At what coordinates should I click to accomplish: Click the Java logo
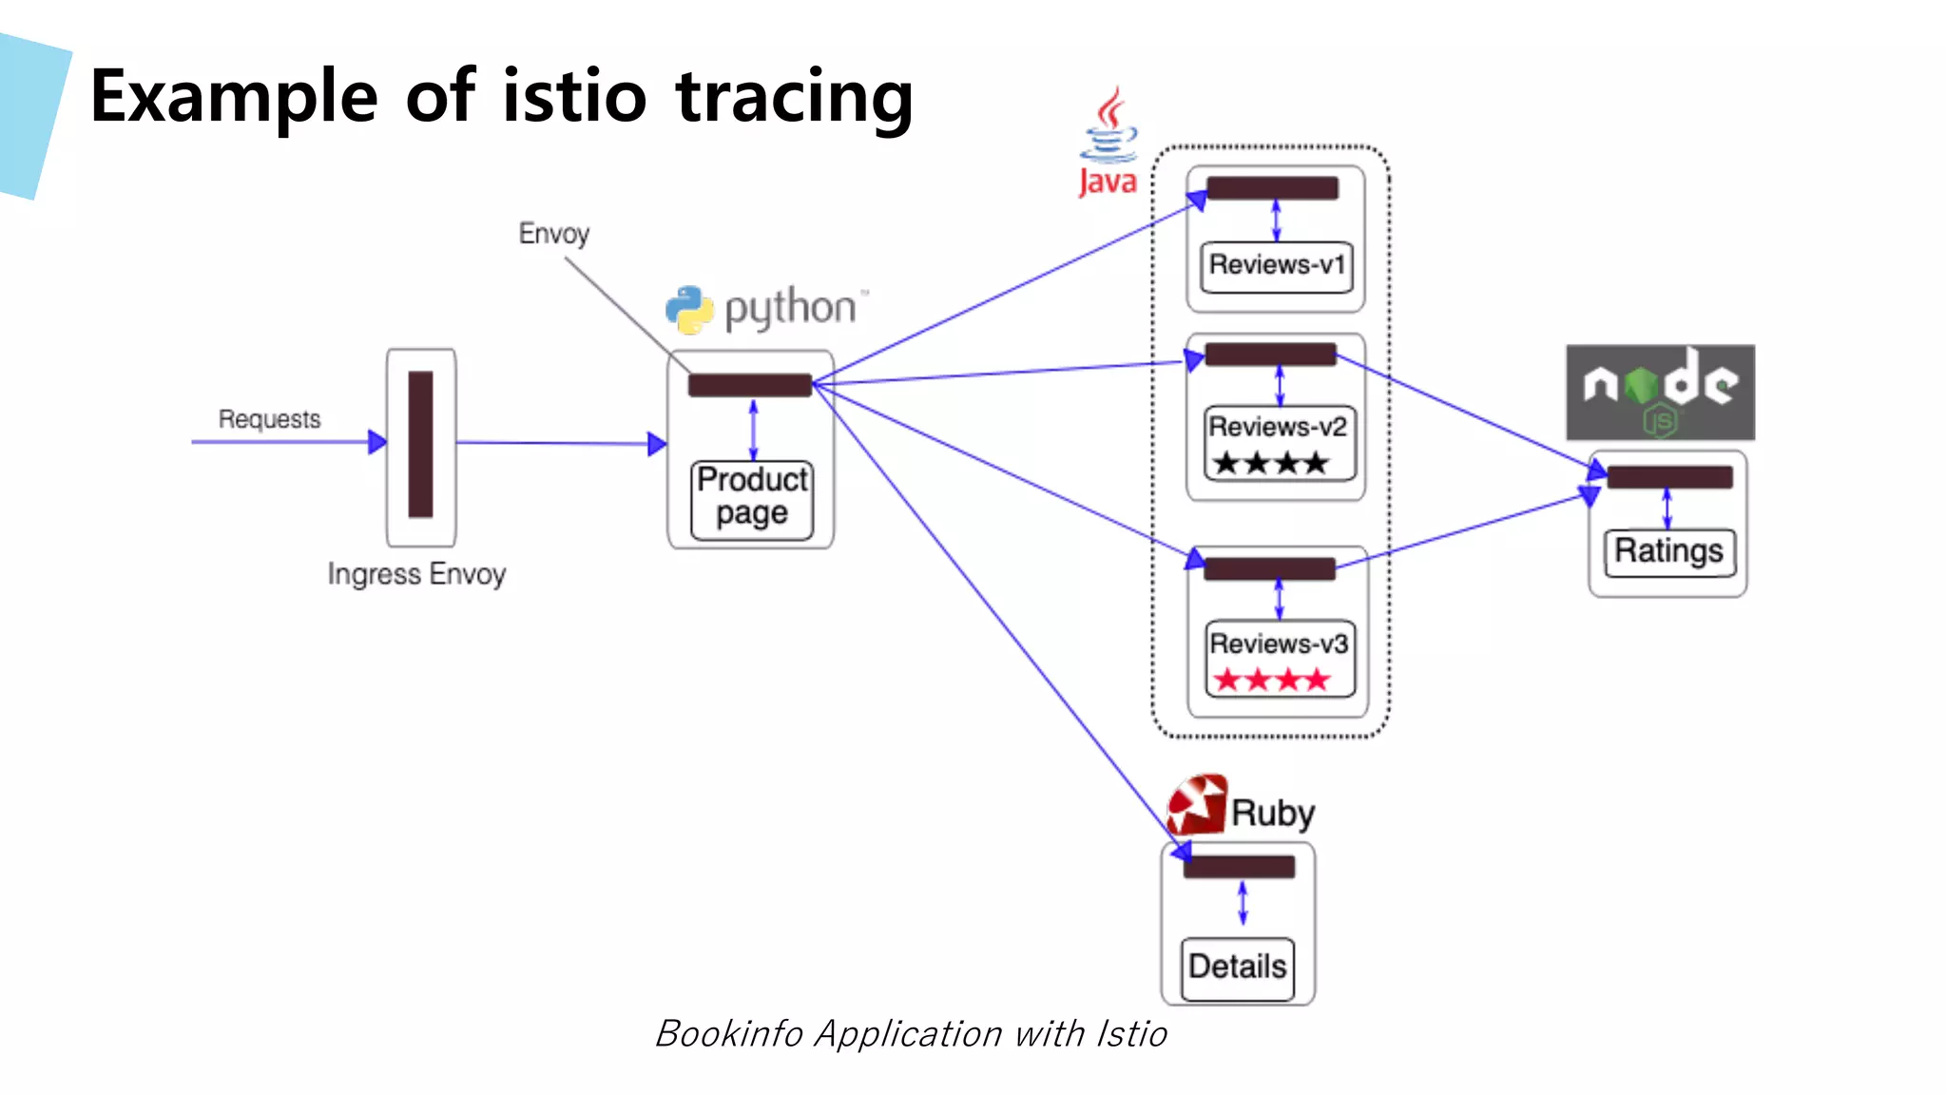click(1108, 143)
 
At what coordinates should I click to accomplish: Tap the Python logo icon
click(689, 310)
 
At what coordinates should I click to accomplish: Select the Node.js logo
click(1660, 392)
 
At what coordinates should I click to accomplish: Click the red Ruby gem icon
click(1196, 804)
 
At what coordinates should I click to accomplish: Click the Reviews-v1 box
click(1276, 265)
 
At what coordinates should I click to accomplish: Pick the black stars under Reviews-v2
click(1270, 464)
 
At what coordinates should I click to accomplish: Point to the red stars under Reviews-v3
click(1271, 681)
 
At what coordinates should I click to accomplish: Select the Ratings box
click(1668, 551)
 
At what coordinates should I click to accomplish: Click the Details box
click(1237, 968)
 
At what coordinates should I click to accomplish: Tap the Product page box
click(751, 496)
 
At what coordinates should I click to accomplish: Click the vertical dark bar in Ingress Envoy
click(420, 444)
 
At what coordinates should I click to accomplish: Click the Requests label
click(269, 419)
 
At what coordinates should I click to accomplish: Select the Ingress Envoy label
click(416, 574)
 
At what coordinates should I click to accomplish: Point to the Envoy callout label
click(553, 234)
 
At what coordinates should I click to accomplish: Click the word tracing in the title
click(794, 97)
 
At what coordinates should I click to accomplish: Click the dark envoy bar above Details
click(1238, 867)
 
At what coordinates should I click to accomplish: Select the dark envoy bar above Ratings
click(1669, 477)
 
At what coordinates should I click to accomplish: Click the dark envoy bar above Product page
click(749, 385)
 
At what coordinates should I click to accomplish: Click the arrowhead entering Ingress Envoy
click(377, 442)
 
